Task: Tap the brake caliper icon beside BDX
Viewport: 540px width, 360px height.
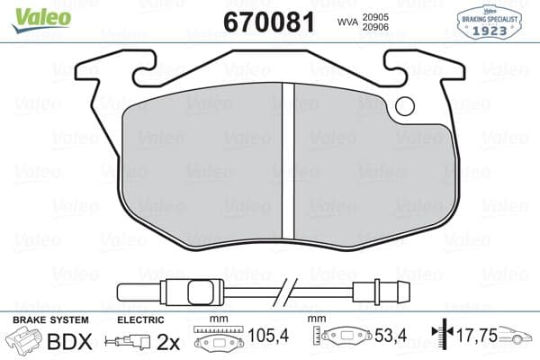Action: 26,342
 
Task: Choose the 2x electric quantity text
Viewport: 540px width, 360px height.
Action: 168,343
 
